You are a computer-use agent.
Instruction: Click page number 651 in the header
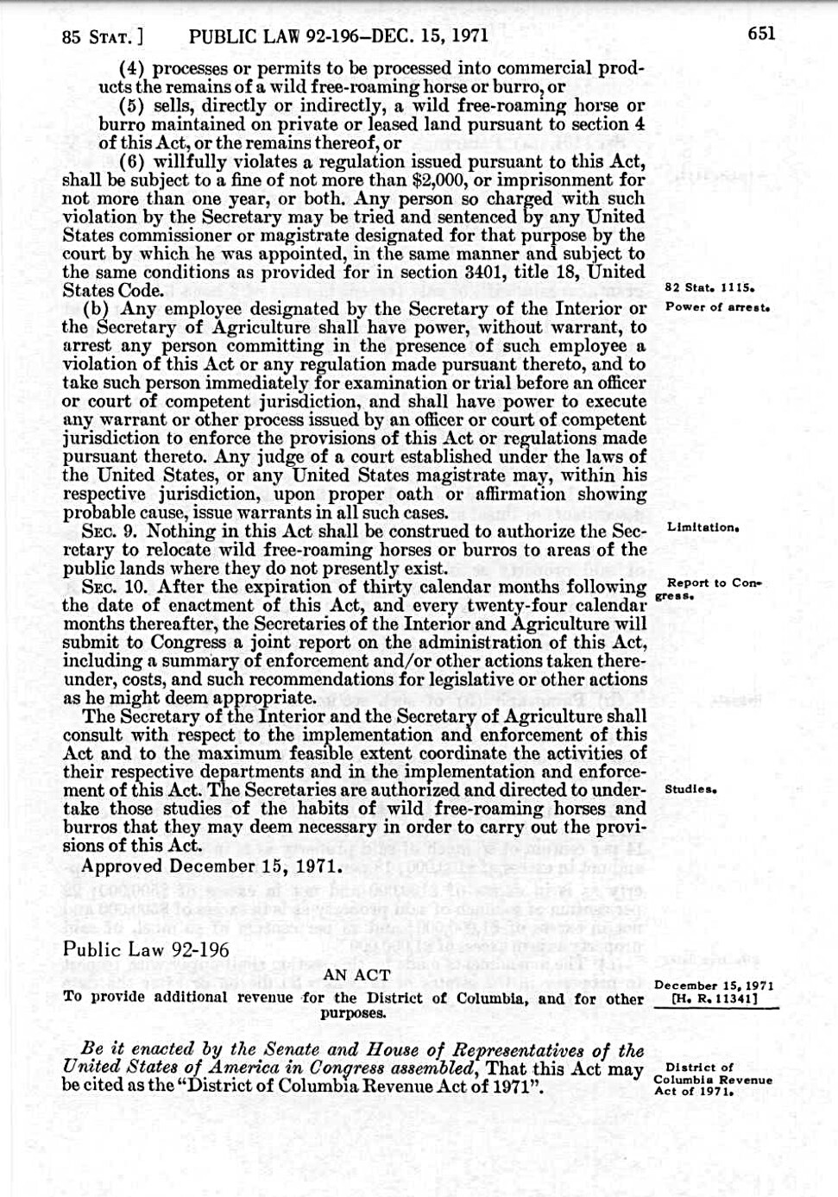[761, 34]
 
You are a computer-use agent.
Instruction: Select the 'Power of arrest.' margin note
[717, 307]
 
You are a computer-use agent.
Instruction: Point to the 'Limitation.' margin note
[703, 526]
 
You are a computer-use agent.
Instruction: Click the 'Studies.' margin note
[691, 790]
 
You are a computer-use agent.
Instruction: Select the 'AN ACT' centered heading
[356, 975]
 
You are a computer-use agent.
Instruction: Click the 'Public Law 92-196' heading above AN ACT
[146, 949]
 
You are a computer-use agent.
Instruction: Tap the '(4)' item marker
[131, 68]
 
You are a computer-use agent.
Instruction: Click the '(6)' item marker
[131, 161]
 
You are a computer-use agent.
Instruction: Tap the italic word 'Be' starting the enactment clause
[92, 1049]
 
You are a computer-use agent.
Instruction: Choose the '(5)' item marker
[131, 106]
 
